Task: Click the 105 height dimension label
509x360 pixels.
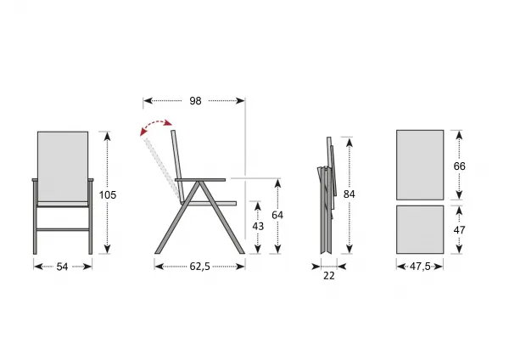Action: (108, 195)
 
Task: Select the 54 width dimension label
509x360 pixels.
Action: (62, 267)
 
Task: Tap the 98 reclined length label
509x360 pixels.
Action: (195, 101)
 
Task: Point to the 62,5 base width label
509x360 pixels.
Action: (200, 267)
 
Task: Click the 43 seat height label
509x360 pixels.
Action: (258, 226)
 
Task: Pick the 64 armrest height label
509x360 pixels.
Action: (277, 215)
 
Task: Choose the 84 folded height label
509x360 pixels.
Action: (350, 194)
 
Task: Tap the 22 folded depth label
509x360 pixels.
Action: (329, 276)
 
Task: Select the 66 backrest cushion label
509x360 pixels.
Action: (459, 166)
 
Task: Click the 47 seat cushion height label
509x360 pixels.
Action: (459, 230)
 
